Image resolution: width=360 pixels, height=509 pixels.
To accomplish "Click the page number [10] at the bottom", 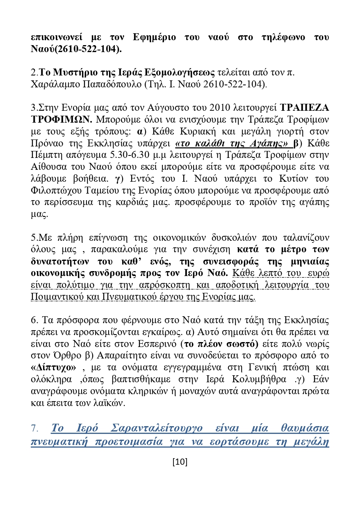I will [180, 462].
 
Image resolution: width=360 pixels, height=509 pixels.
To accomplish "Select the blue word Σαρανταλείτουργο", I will [157, 429].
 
